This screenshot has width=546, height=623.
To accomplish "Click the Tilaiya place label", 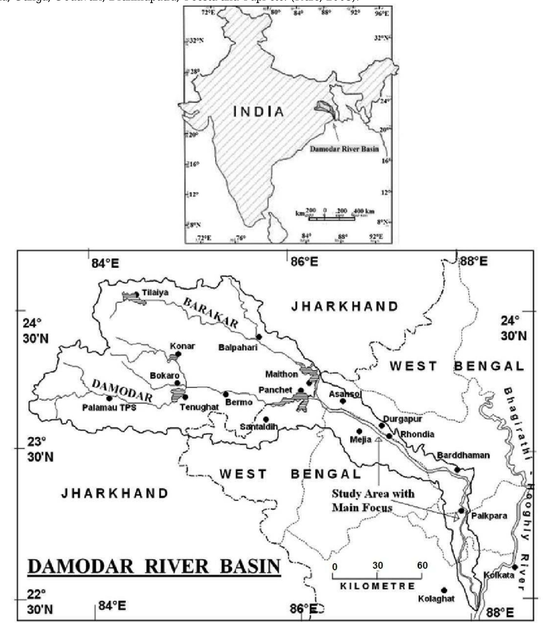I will click(x=155, y=293).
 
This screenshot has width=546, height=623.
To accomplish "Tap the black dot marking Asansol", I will click(x=343, y=401).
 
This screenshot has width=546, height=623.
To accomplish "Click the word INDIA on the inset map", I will click(x=259, y=112).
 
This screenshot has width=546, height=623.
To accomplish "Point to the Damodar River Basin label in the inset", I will click(x=344, y=149).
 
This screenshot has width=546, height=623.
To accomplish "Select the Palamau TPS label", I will click(x=109, y=408).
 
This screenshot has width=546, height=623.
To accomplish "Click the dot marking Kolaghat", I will click(x=444, y=590).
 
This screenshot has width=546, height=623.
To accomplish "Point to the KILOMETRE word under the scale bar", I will click(x=377, y=586).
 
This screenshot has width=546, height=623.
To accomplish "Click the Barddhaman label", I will click(x=463, y=455).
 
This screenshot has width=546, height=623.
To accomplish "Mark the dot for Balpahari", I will click(x=259, y=337).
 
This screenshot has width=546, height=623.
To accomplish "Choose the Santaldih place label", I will click(x=259, y=427).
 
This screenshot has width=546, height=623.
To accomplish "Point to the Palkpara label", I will click(x=489, y=516).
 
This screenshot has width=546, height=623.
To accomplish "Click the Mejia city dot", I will click(x=359, y=431).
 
